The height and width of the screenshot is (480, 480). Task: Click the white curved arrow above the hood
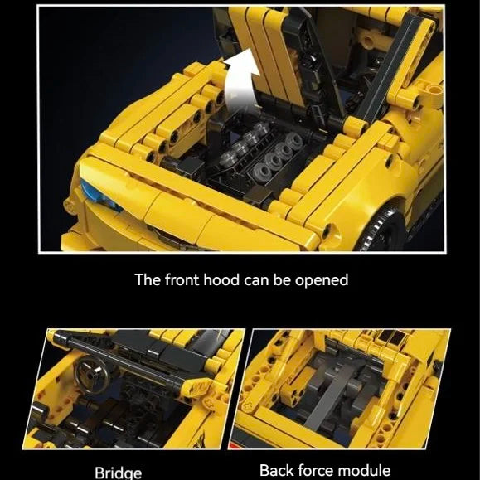pos(242,83)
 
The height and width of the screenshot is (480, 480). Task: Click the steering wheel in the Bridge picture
pos(93,374)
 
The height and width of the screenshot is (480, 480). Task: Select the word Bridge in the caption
pos(119,473)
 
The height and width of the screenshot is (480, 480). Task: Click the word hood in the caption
pos(221,280)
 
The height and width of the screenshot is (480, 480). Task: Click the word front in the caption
pos(182,280)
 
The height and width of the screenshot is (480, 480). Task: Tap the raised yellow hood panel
pos(269,58)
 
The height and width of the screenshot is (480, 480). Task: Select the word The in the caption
pos(148,280)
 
